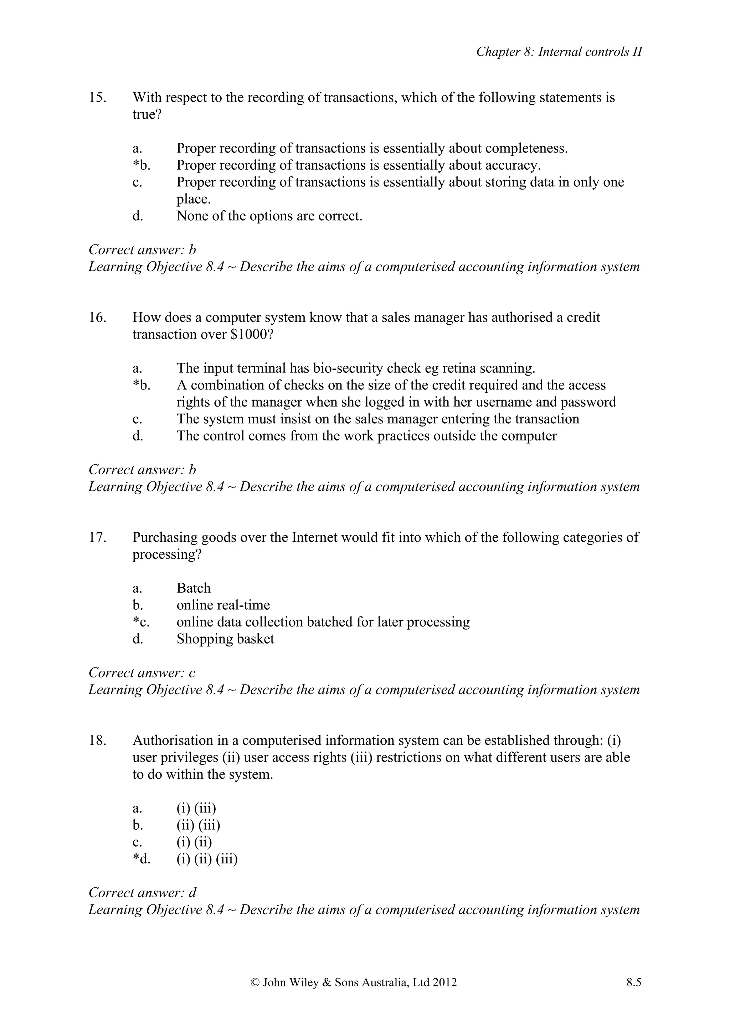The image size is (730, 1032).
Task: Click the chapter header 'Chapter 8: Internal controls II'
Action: [x=559, y=52]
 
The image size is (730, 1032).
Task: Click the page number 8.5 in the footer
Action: [x=634, y=982]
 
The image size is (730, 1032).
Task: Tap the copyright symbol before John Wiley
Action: [x=255, y=982]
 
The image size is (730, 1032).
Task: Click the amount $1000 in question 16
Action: [x=251, y=334]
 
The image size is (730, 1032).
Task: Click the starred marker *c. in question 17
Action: [x=141, y=622]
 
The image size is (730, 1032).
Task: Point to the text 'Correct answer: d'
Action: [x=143, y=892]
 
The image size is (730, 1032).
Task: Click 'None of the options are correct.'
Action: [x=269, y=216]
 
